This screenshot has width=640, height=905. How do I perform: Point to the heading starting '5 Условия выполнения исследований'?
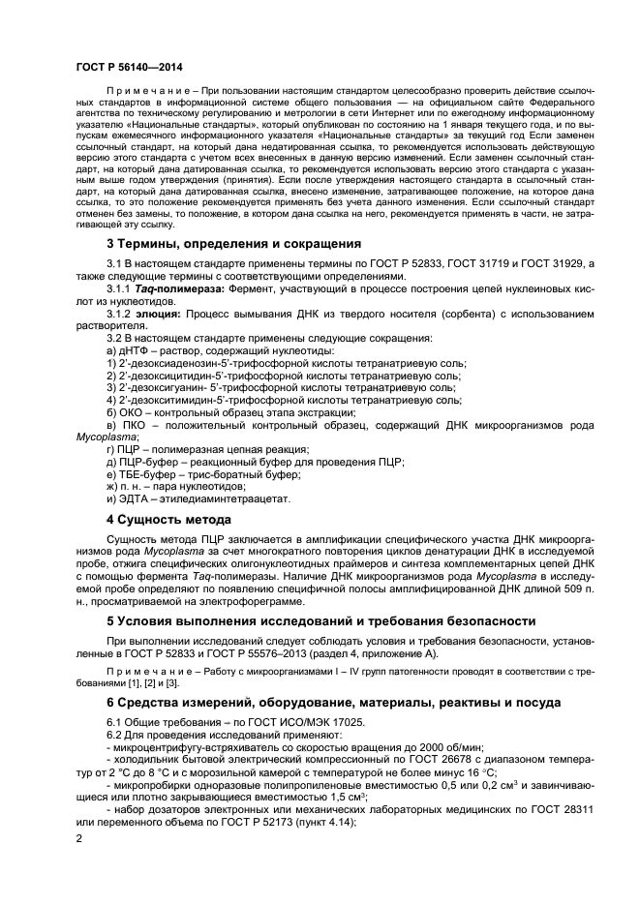tap(319, 619)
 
